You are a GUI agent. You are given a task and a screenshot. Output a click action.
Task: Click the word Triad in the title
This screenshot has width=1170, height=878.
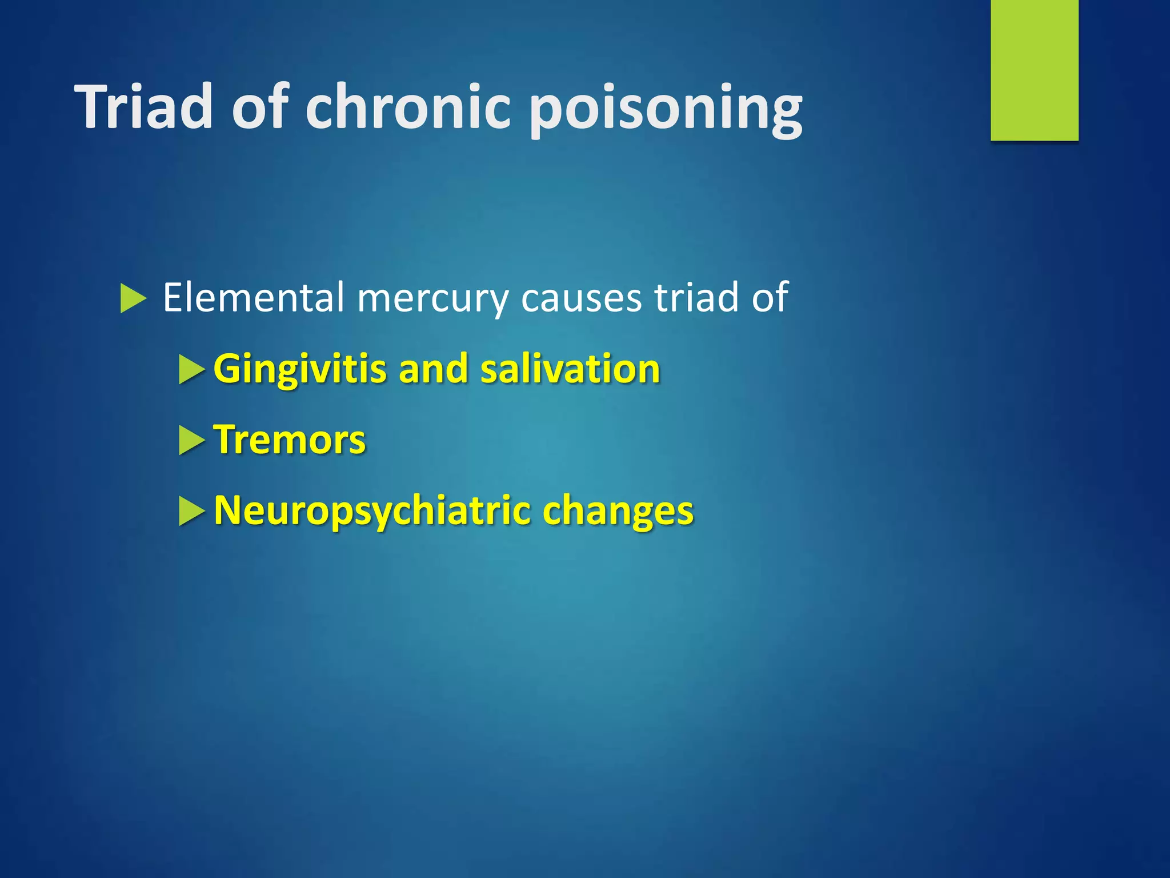(144, 107)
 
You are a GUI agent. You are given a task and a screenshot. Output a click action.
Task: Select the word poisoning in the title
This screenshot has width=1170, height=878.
(665, 109)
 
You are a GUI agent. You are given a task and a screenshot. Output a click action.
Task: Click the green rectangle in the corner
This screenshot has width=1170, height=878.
(1034, 70)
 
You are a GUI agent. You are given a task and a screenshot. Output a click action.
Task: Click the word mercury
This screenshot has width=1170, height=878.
(432, 298)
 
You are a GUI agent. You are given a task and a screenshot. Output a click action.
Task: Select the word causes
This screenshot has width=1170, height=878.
(581, 298)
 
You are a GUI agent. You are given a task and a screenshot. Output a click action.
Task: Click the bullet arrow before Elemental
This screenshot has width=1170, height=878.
(133, 299)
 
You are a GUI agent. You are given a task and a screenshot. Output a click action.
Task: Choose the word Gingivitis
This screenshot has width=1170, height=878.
(299, 369)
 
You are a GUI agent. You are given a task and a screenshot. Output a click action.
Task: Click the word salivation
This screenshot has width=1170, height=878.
(570, 369)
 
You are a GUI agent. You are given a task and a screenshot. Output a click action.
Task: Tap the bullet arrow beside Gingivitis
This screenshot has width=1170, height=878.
(191, 370)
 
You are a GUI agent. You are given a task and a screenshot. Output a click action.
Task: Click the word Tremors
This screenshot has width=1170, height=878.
(289, 440)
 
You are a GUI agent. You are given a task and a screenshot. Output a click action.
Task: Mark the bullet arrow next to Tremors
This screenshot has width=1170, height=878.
(191, 441)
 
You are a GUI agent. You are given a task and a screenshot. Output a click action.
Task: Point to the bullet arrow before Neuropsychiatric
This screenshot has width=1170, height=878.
(191, 511)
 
